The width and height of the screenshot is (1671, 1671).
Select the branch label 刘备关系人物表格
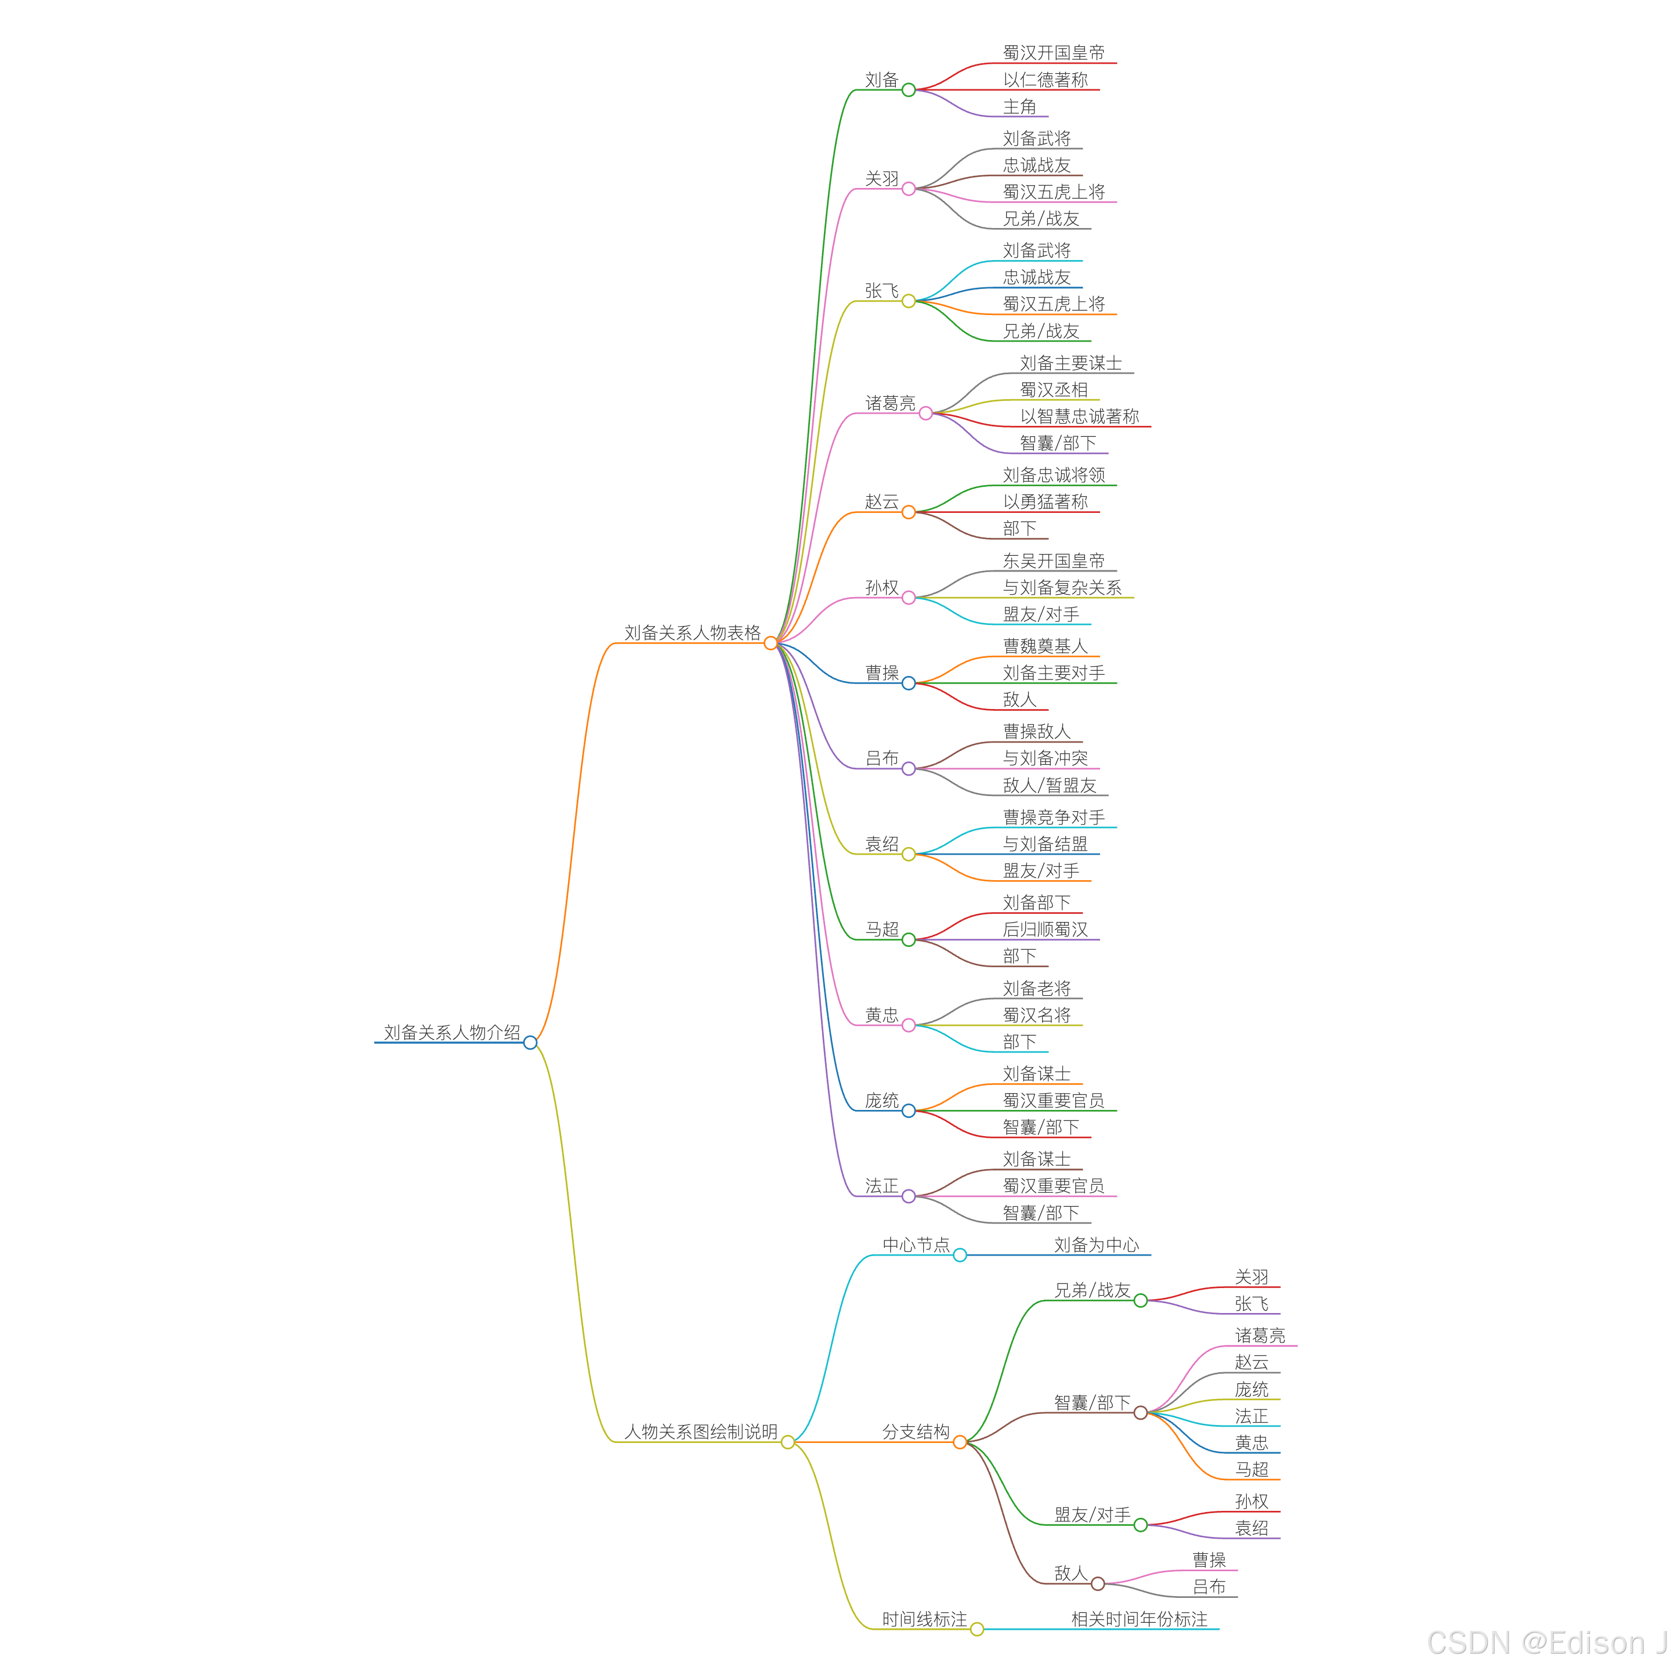point(692,632)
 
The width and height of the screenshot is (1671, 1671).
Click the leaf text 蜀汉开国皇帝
point(1054,53)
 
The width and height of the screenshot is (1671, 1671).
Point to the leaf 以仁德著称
point(1045,79)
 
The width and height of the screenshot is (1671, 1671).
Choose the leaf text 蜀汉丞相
point(1054,389)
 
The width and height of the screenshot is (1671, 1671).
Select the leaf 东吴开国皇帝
point(1054,560)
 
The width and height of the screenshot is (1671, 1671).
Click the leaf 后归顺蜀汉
point(1045,929)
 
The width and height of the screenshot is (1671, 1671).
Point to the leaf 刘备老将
point(1036,988)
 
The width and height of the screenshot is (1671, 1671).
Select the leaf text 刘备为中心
point(1096,1245)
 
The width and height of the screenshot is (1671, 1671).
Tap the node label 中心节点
point(915,1245)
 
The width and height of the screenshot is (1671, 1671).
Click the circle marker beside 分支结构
point(959,1442)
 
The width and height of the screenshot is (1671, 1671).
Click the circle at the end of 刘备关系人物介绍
point(530,1042)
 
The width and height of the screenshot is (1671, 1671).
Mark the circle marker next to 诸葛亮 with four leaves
point(925,414)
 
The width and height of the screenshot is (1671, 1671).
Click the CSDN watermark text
point(1546,1641)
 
